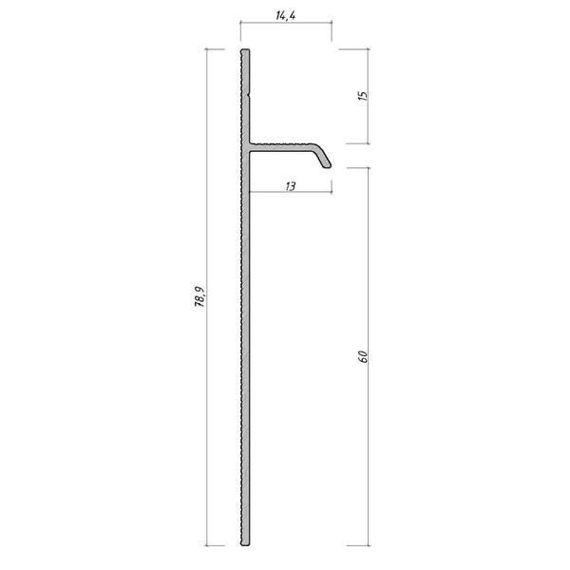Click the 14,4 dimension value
click(286, 15)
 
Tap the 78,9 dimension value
click(199, 296)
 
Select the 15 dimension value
click(363, 96)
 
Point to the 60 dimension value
click(363, 356)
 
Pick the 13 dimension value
click(291, 186)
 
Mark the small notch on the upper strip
click(249, 94)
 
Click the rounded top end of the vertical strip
click(245, 50)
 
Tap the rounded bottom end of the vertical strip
click(245, 544)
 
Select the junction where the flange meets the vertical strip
click(247, 147)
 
